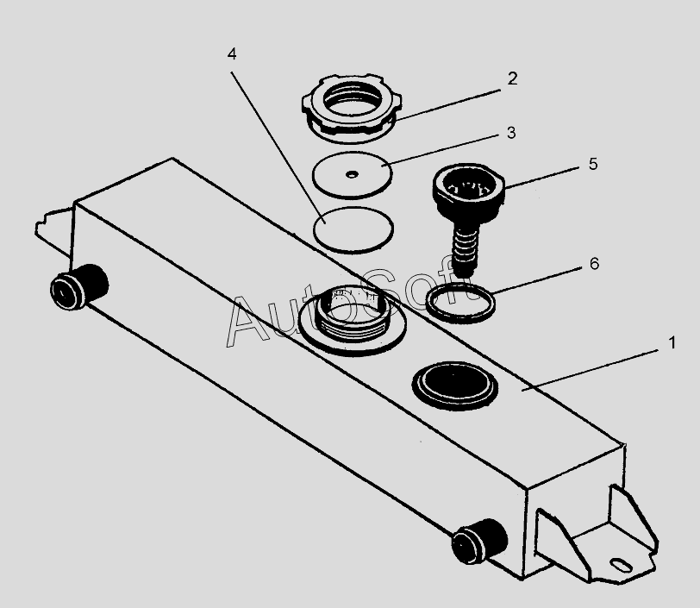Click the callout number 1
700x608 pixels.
click(x=672, y=342)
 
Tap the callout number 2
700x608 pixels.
click(x=512, y=78)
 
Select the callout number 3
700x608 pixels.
click(x=511, y=133)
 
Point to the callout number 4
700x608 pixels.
click(x=232, y=53)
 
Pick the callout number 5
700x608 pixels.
click(x=592, y=163)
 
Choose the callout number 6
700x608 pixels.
click(x=594, y=264)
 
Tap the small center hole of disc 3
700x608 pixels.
click(x=351, y=174)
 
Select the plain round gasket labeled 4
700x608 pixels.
click(x=353, y=229)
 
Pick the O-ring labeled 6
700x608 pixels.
click(x=461, y=303)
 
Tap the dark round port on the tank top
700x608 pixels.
click(x=454, y=383)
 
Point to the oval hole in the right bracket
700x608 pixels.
click(x=620, y=566)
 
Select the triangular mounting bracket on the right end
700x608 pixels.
click(x=603, y=539)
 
